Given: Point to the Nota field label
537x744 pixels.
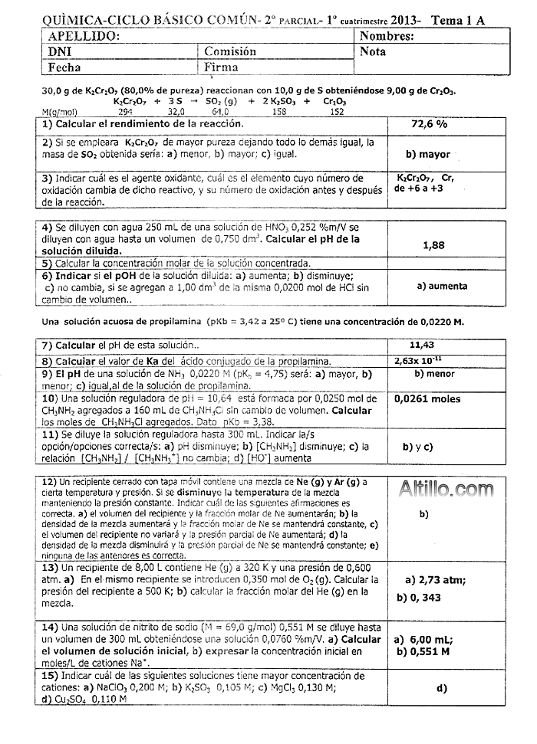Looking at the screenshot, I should click(x=372, y=52).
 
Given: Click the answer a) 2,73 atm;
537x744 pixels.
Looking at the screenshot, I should click(x=435, y=580).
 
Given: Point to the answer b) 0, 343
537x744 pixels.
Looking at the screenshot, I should click(x=423, y=598).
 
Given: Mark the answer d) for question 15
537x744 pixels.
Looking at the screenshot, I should click(x=441, y=688).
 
